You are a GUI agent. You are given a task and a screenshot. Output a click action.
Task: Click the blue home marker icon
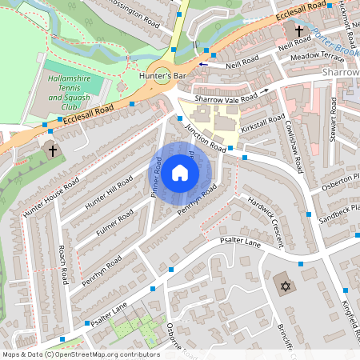(x=180, y=173)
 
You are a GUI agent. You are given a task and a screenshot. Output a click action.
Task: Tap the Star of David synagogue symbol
(x=283, y=286)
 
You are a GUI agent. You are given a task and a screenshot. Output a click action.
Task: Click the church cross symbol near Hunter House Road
(x=53, y=150)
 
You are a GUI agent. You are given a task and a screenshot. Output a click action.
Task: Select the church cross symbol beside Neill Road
(x=298, y=31)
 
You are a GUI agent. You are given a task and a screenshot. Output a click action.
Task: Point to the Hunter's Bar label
(x=167, y=77)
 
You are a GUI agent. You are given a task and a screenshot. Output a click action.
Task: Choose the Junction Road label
(x=206, y=137)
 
